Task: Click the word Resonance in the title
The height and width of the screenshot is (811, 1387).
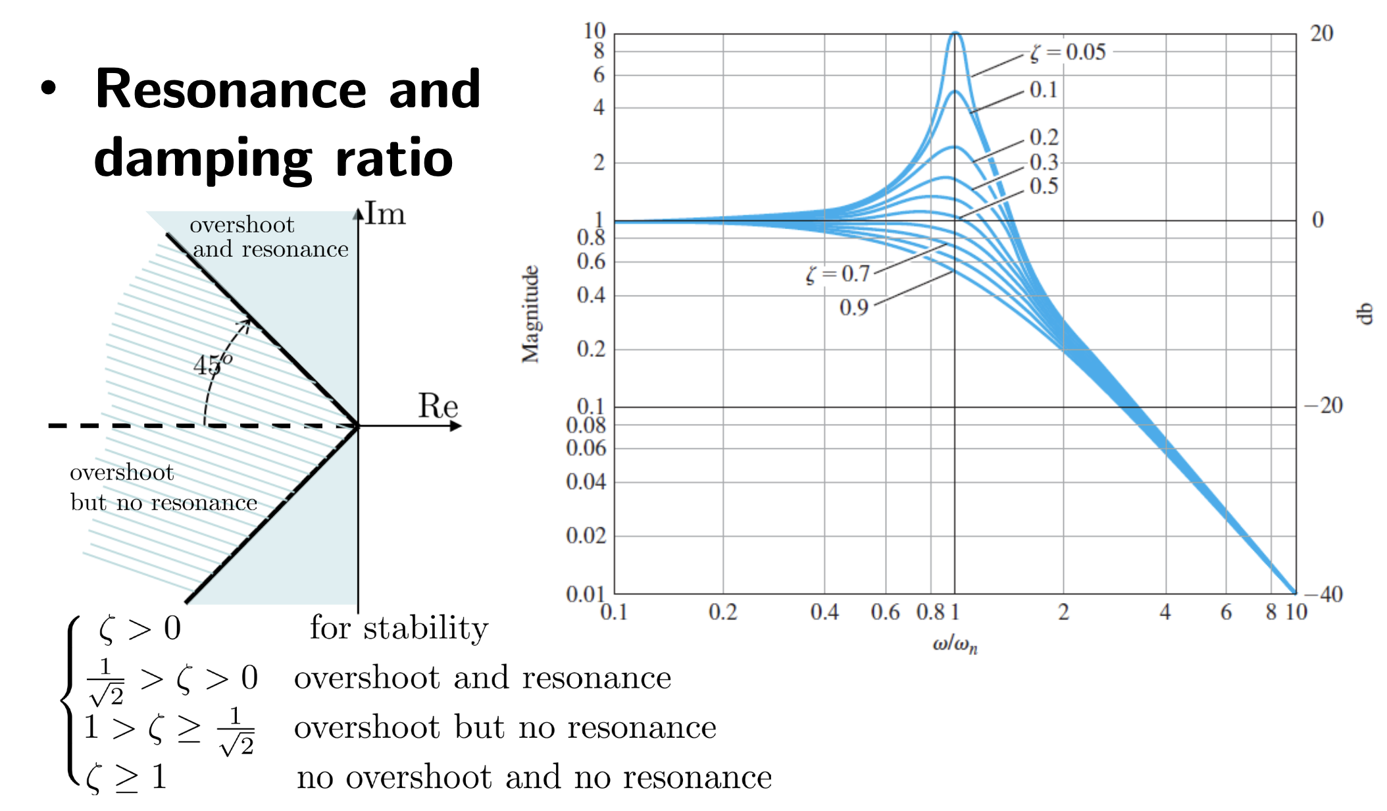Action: (231, 90)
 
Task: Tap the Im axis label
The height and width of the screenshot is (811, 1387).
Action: (386, 215)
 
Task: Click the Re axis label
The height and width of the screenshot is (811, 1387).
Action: (438, 406)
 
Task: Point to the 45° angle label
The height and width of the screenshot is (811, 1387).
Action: (213, 363)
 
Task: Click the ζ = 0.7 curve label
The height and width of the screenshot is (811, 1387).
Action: (838, 274)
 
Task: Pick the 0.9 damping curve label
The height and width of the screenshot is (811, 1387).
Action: (853, 307)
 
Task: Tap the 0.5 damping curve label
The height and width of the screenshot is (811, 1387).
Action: (1044, 186)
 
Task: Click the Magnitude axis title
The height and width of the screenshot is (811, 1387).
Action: (530, 314)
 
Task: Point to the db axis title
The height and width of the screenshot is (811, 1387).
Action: (1366, 313)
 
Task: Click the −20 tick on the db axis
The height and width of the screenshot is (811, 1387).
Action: (1324, 405)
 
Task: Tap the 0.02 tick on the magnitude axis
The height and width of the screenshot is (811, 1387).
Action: (586, 536)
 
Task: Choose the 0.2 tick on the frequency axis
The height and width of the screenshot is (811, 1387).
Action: (722, 613)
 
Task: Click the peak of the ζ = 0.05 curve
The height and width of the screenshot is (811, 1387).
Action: (955, 33)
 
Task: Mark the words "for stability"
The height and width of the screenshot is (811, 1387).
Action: (399, 628)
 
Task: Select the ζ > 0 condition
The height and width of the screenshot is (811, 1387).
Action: (139, 629)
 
